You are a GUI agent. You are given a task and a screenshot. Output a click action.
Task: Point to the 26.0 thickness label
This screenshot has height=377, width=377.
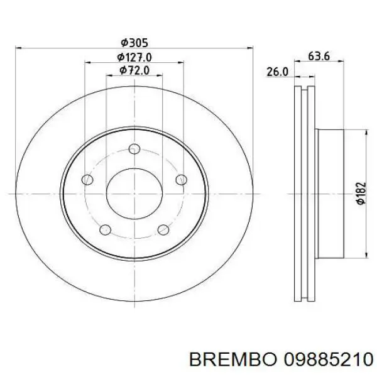[x=277, y=72]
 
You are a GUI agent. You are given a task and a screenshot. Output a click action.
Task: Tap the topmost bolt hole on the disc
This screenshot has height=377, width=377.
[x=133, y=149]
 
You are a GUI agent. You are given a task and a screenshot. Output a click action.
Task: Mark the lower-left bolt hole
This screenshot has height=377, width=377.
[x=106, y=229]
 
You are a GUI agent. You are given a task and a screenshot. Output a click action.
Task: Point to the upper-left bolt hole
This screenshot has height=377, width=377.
[x=87, y=180]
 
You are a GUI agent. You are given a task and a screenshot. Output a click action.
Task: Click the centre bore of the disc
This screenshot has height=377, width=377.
[x=133, y=193]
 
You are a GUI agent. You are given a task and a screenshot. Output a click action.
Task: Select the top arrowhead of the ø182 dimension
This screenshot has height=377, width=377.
[x=366, y=132]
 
